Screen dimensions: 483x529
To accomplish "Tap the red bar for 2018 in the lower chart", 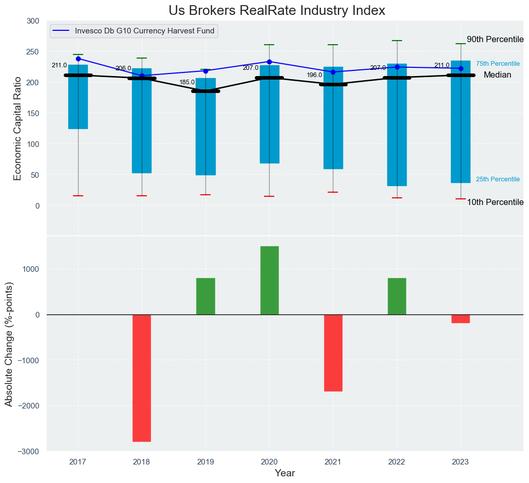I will click(x=142, y=378).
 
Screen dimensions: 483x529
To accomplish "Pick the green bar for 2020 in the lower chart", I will click(x=269, y=280).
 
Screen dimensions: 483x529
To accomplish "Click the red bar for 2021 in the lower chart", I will click(x=333, y=352).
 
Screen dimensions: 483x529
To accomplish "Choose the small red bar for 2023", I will click(x=461, y=319).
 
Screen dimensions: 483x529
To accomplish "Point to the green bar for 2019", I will click(x=205, y=296).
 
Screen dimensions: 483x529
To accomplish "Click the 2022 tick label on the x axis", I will click(x=396, y=462).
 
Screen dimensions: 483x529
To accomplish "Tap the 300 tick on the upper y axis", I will click(x=33, y=21).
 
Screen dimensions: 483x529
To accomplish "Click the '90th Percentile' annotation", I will click(x=495, y=40).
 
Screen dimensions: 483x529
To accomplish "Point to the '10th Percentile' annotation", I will click(x=495, y=202).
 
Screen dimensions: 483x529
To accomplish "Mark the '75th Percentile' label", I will click(x=498, y=64).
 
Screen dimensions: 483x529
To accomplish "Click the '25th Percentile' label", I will click(x=498, y=179).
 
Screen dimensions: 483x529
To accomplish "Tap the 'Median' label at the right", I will click(x=497, y=75).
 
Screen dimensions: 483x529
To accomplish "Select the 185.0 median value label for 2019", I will click(x=187, y=82).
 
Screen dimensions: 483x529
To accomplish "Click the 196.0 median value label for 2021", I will click(x=314, y=75).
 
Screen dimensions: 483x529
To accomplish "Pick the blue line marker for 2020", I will click(x=269, y=62).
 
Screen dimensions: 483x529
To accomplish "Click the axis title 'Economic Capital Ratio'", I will click(x=17, y=128).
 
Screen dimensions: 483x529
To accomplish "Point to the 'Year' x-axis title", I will click(x=285, y=473).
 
